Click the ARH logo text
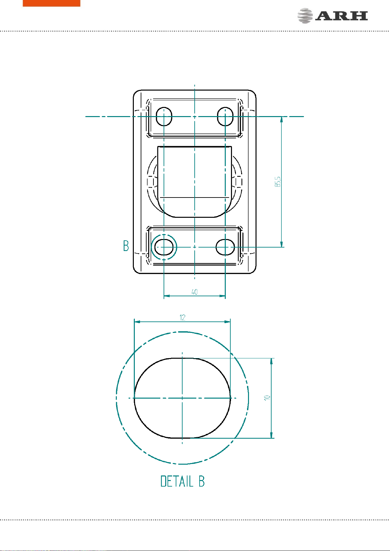342,16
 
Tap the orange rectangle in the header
51,3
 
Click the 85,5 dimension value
277,182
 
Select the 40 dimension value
194,292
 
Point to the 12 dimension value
182,318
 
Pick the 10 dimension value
267,398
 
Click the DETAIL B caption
182,481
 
